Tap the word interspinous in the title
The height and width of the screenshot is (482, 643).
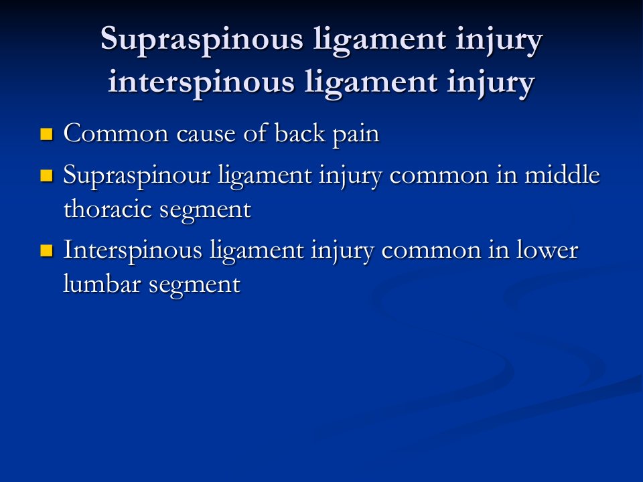(202, 83)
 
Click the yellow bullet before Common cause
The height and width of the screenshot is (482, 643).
(47, 134)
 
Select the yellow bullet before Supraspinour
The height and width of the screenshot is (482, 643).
(47, 175)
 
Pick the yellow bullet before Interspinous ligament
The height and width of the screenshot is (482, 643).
(47, 250)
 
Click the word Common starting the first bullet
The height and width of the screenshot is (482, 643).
(116, 134)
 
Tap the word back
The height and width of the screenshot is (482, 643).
(299, 134)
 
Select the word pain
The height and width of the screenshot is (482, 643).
(356, 135)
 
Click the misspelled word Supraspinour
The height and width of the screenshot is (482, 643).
(137, 176)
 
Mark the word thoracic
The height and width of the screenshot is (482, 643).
(108, 209)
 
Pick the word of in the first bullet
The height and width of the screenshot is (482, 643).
(255, 134)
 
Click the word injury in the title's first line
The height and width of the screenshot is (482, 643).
(499, 41)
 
